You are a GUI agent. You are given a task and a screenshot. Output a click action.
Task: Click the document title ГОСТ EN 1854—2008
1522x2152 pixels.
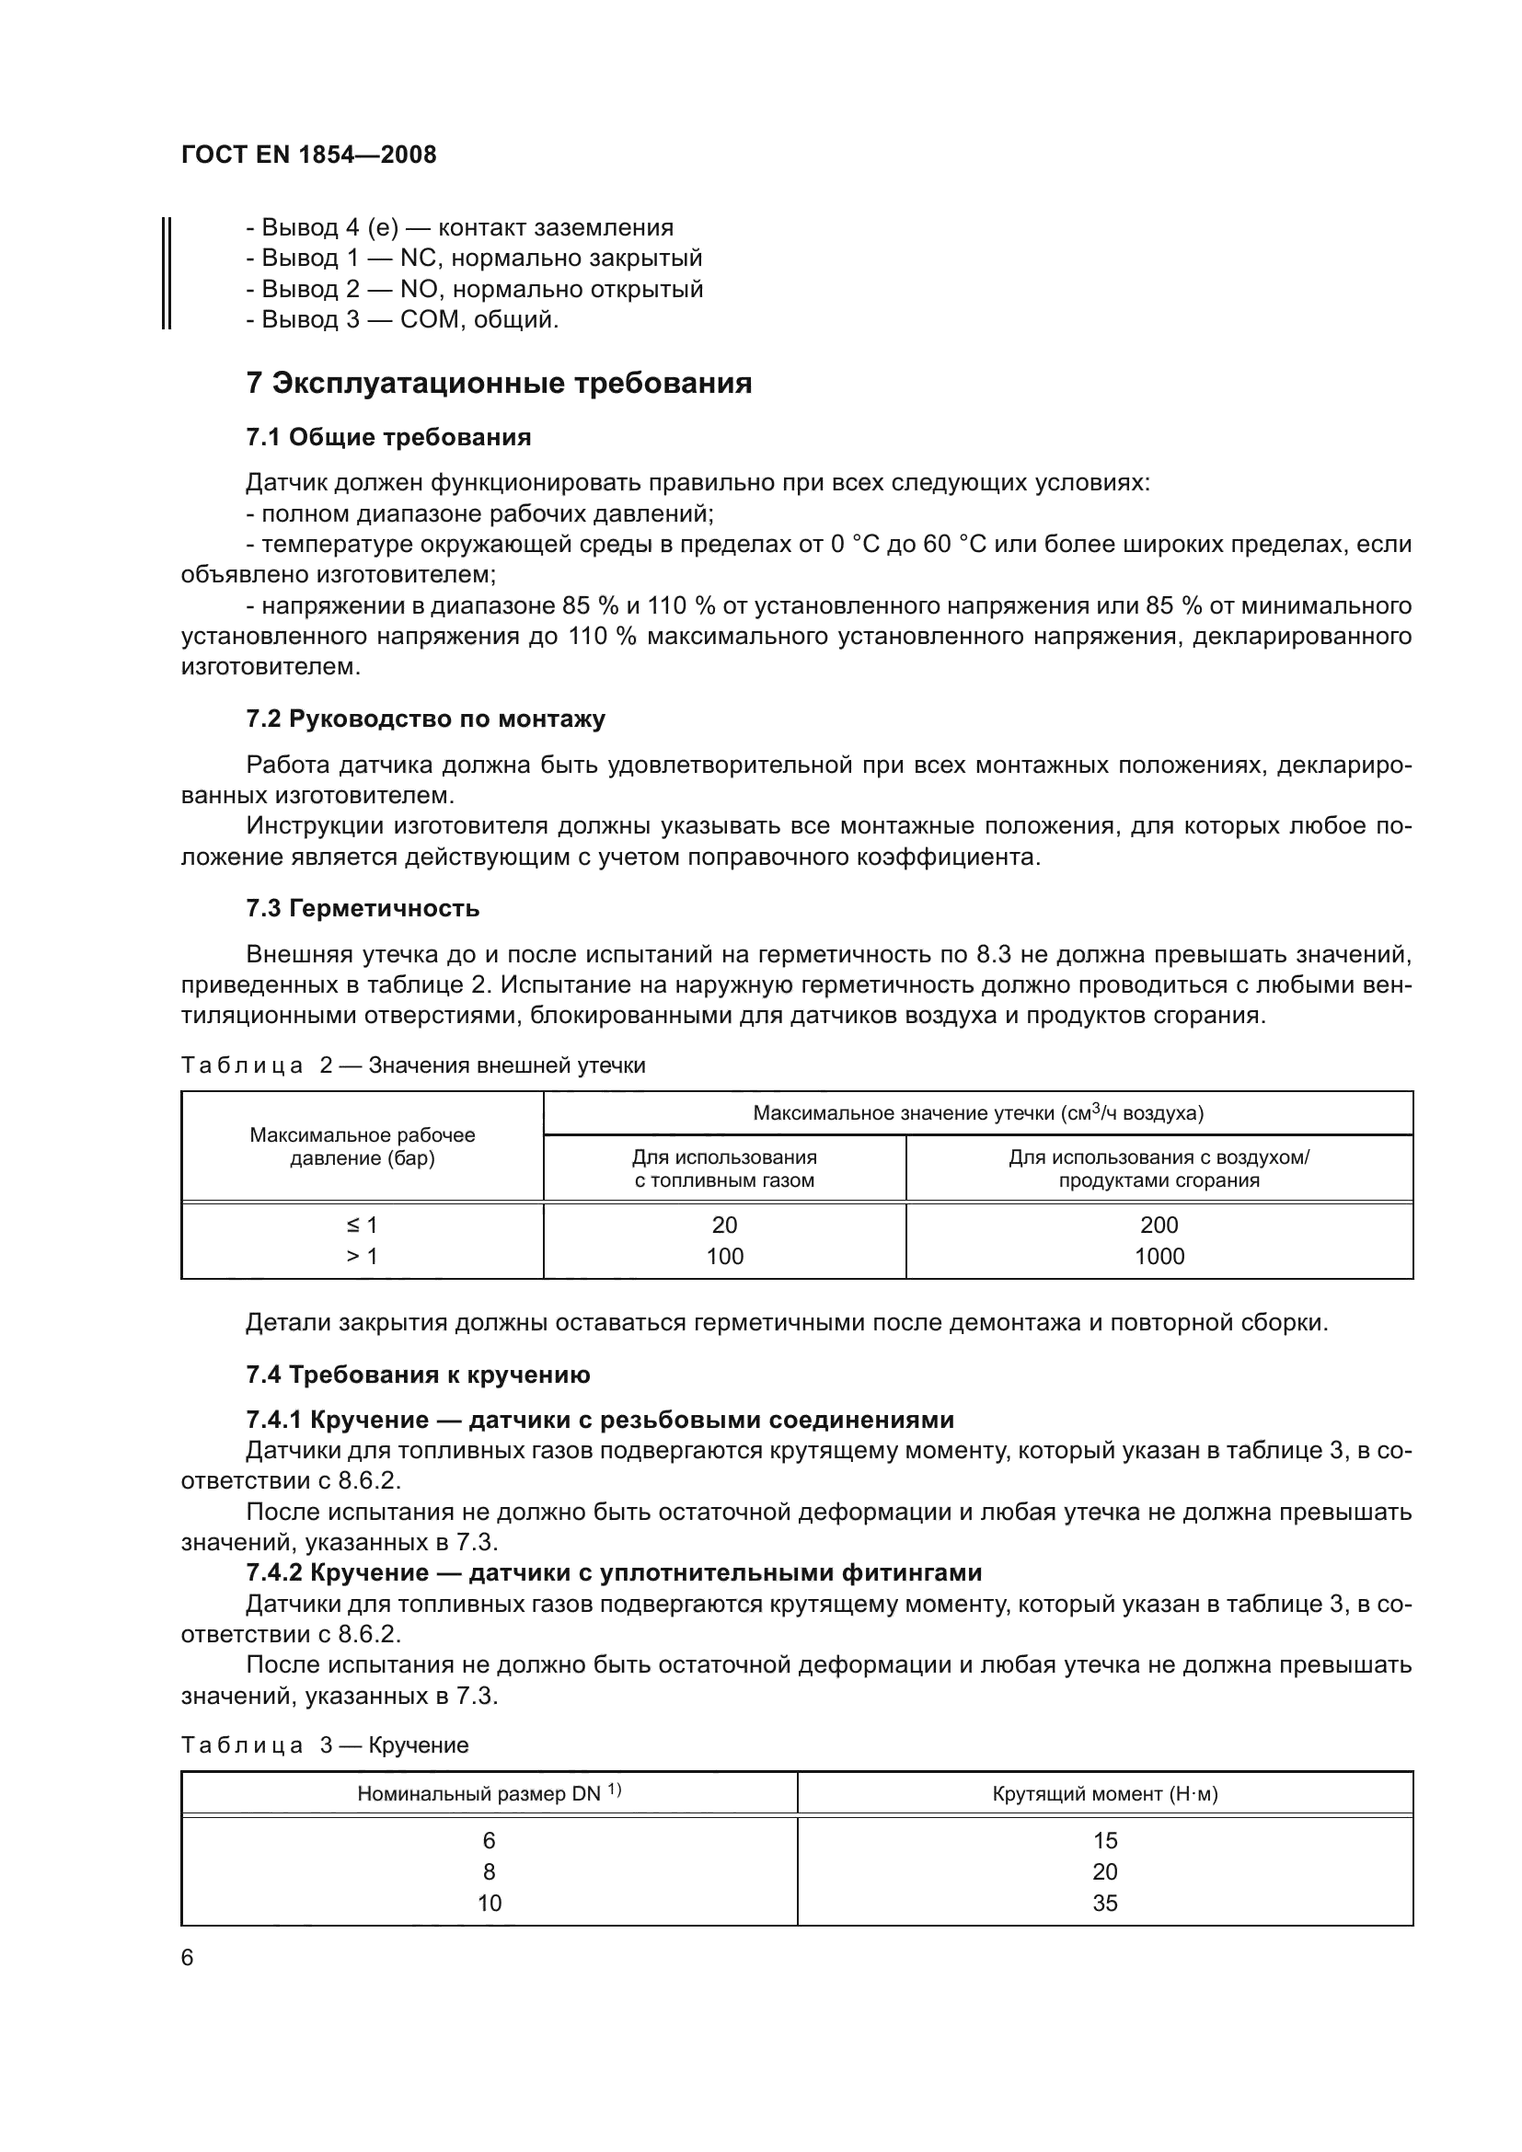(308, 155)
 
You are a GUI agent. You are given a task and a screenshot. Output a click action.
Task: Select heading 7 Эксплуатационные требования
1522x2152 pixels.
(499, 384)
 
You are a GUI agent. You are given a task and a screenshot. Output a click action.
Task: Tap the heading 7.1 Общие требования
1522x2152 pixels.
(388, 437)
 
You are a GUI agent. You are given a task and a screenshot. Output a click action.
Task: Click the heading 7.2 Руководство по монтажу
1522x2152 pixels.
(425, 719)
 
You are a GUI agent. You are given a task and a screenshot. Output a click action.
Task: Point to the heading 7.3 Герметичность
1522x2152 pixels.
(363, 908)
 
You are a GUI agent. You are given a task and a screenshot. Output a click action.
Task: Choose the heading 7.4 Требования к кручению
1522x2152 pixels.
(418, 1375)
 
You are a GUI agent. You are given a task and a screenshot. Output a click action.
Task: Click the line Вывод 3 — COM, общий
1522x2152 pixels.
(402, 319)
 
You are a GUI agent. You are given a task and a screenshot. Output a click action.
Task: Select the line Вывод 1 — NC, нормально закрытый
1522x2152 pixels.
(474, 258)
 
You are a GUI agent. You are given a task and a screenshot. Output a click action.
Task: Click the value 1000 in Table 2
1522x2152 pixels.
(1159, 1256)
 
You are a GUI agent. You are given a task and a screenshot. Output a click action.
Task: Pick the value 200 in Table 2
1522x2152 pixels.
(1159, 1225)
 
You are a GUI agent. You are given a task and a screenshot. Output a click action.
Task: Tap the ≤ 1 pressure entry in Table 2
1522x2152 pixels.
(362, 1225)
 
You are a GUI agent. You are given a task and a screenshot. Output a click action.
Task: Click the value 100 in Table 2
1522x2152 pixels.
(724, 1256)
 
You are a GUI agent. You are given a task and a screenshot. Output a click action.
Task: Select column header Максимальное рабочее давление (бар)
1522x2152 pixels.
(362, 1146)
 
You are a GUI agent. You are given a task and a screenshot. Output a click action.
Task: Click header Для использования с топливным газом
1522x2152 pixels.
(724, 1168)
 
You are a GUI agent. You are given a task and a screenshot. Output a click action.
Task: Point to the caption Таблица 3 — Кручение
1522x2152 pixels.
(324, 1745)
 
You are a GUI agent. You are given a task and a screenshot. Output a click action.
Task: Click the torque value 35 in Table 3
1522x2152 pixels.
(1105, 1903)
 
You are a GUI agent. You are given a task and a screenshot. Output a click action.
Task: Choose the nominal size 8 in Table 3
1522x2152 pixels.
(490, 1871)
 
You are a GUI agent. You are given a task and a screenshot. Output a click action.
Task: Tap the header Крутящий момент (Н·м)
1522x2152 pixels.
(1105, 1794)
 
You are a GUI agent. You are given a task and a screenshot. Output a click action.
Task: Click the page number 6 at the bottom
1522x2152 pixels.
(188, 1958)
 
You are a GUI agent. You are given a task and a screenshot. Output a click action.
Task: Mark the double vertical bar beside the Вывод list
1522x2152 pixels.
(166, 272)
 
